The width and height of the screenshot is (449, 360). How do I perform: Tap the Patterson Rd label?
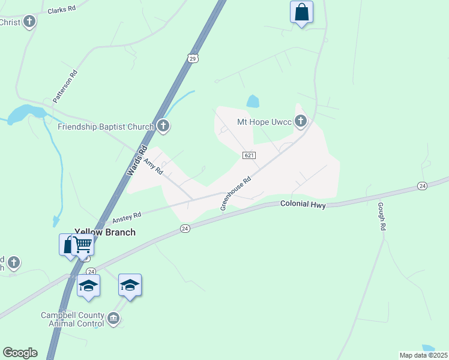[x=65, y=87]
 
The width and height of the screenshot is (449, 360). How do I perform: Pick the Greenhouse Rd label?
[x=235, y=192]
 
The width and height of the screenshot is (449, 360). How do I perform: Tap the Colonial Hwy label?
[x=303, y=204]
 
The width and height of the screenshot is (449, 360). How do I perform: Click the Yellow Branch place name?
[x=104, y=232]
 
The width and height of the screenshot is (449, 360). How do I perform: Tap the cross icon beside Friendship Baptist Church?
[x=163, y=126]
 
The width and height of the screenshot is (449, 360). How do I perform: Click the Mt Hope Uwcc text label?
[x=264, y=122]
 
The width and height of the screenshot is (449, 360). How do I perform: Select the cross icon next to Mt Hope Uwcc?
[x=301, y=122]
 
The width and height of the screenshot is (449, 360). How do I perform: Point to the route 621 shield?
[x=250, y=155]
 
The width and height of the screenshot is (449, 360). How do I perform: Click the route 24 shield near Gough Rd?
[x=423, y=186]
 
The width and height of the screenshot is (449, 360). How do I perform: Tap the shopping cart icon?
[x=83, y=244]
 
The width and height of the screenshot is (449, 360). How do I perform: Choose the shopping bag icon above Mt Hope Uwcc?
[x=301, y=11]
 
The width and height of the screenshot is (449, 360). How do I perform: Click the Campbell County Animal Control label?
[x=72, y=319]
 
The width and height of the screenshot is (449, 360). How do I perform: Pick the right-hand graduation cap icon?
[x=130, y=284]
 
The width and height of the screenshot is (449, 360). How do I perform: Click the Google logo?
[x=20, y=353]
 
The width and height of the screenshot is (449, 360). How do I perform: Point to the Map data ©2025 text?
[x=423, y=355]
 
